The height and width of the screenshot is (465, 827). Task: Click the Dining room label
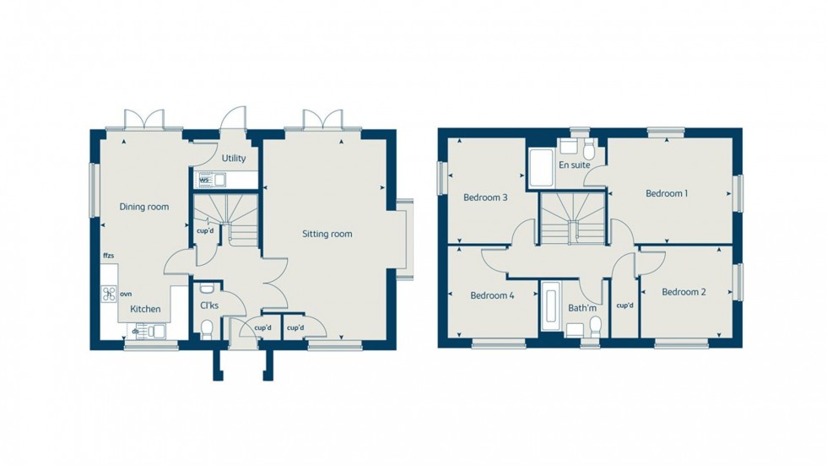tap(143, 207)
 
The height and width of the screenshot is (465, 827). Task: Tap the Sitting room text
tap(327, 234)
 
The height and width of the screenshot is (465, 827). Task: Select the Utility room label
tap(234, 159)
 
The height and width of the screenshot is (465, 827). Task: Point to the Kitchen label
tap(145, 309)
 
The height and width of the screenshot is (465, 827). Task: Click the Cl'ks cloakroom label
tap(208, 305)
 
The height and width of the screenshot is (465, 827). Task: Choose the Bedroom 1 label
tap(667, 193)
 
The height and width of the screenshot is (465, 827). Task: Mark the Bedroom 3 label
tap(485, 198)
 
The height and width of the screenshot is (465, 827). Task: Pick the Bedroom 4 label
tap(492, 295)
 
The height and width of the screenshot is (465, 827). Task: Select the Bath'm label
tap(582, 308)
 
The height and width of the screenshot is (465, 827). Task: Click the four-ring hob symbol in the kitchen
tap(110, 294)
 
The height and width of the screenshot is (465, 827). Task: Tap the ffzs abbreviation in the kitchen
tap(108, 255)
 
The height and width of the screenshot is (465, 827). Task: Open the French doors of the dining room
tap(143, 120)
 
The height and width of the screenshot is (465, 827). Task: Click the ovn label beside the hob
tap(127, 294)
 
